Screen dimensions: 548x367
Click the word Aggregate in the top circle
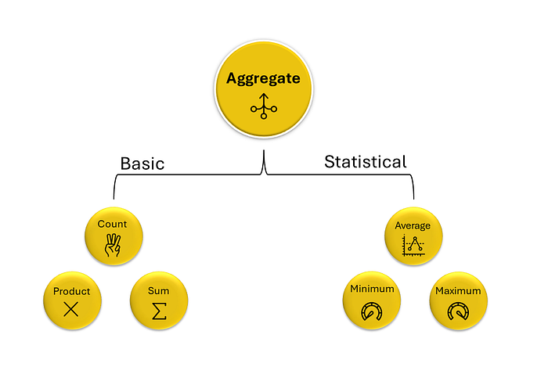click(x=263, y=79)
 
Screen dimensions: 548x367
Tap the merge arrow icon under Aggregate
click(x=264, y=106)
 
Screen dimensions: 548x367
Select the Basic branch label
click(x=142, y=164)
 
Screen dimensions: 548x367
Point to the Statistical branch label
click(x=366, y=162)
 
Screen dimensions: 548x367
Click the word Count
click(x=112, y=224)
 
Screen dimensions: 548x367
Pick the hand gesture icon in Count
click(x=113, y=245)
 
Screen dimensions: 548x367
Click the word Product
click(x=72, y=291)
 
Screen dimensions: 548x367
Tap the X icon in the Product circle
click(x=71, y=309)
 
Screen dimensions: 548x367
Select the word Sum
click(x=158, y=291)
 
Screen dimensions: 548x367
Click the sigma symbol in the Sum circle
click(x=159, y=311)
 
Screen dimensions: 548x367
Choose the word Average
click(x=413, y=226)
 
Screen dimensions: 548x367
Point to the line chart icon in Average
click(x=413, y=246)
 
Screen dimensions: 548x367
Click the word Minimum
click(x=372, y=289)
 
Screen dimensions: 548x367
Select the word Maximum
click(x=458, y=291)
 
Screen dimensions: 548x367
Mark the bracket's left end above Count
click(x=114, y=199)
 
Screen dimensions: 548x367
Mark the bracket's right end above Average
click(x=414, y=199)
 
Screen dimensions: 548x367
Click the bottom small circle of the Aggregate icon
click(x=264, y=116)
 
